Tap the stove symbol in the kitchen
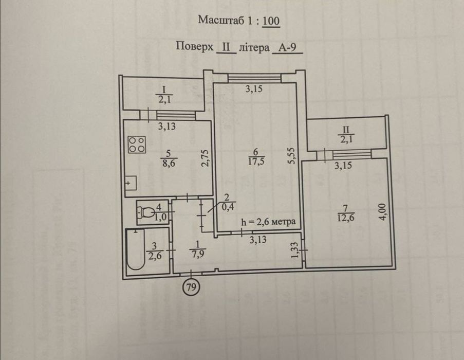pos(136,144)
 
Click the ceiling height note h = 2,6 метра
pos(268,222)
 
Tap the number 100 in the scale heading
pos(270,21)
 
